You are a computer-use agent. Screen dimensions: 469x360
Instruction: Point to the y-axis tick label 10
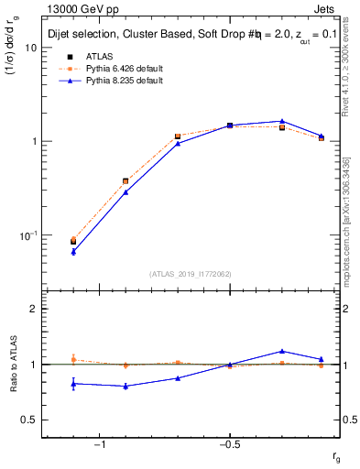pos(30,48)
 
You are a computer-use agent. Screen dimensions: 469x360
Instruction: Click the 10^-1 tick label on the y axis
pos(28,235)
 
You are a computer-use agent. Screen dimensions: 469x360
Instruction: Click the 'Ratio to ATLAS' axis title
pos(14,364)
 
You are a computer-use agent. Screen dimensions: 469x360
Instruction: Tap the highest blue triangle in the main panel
pos(282,121)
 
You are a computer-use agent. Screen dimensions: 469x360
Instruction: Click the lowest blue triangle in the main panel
pos(73,251)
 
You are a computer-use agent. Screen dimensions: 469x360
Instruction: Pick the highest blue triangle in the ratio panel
pos(282,351)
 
